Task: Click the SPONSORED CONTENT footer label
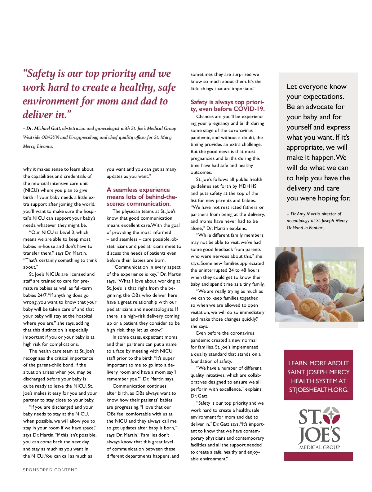(50, 470)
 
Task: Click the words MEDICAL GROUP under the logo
(319, 447)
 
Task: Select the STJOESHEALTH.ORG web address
(318, 390)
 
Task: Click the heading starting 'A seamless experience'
(138, 190)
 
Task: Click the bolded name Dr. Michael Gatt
(43, 128)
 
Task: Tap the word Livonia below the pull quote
(45, 146)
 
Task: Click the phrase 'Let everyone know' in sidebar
(317, 86)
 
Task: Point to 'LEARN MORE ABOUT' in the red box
(318, 363)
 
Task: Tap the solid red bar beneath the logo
(318, 456)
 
